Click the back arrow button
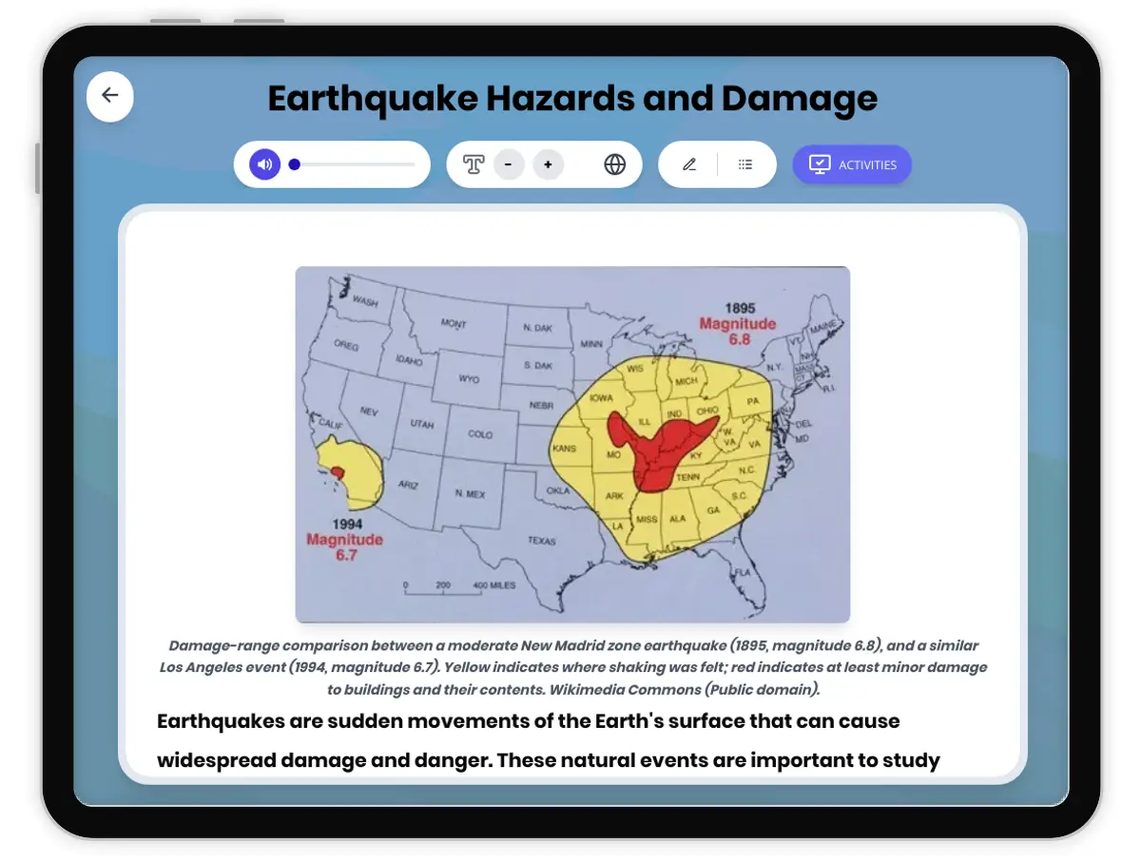(110, 95)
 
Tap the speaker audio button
(265, 164)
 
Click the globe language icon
(615, 164)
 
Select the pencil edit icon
(689, 164)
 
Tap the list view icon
(745, 164)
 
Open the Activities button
(852, 164)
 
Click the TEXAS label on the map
(541, 541)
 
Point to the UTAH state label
(421, 424)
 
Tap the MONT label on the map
(454, 324)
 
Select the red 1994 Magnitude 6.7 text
(344, 546)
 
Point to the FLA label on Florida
(742, 572)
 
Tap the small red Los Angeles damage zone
(337, 471)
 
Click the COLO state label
(480, 434)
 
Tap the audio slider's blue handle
(295, 164)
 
